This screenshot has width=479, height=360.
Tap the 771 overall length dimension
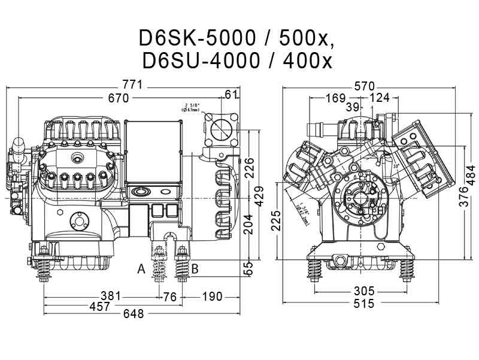(132, 86)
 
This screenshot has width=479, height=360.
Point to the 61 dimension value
(232, 93)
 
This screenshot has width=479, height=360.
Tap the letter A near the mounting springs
(141, 269)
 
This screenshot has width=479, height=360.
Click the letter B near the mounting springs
(195, 269)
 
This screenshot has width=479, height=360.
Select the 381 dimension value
(110, 297)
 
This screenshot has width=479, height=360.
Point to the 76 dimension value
(170, 297)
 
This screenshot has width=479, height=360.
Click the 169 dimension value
(335, 98)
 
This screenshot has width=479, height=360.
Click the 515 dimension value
(363, 304)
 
